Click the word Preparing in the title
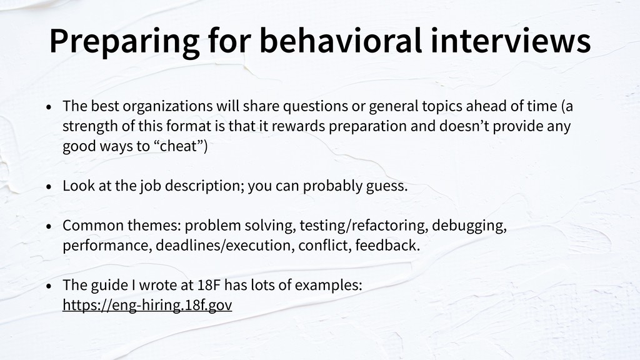[124, 42]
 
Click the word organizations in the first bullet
[167, 106]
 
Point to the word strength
[90, 126]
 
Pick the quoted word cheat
[178, 146]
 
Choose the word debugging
[469, 226]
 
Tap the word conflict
[325, 245]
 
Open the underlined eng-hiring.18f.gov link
[147, 305]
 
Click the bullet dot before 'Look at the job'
[49, 187]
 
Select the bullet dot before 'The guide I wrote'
[49, 286]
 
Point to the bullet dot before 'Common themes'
[49, 226]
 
